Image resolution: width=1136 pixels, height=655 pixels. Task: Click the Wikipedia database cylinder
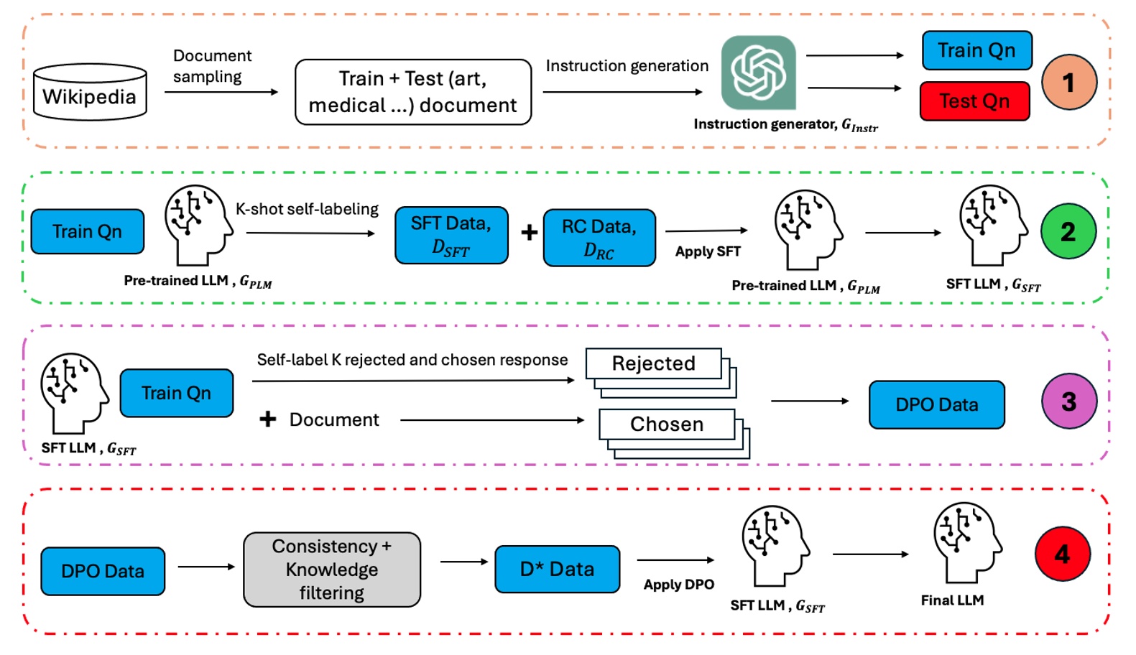90,92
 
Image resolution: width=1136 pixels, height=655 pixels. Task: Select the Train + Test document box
413,92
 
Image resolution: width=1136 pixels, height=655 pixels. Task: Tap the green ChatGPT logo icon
758,73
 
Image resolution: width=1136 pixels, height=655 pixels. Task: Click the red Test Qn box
974,101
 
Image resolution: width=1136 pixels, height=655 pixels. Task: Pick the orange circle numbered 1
1068,83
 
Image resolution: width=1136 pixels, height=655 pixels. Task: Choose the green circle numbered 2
1068,231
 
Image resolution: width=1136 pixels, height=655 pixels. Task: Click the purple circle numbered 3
1068,401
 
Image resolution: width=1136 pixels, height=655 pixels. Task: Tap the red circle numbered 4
1062,554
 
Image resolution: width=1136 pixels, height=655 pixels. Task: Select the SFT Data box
451,236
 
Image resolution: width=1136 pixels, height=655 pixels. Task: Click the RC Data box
599,238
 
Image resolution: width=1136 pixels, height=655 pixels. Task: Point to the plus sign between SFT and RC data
529,232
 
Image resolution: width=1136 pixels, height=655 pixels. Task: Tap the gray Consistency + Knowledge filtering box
332,570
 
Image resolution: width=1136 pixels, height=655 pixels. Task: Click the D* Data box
557,570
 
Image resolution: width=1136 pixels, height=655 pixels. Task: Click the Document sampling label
212,66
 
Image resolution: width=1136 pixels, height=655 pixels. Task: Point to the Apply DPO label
678,585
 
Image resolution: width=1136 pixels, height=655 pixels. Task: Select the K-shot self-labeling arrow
310,233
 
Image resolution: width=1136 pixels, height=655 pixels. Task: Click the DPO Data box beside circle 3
936,405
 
